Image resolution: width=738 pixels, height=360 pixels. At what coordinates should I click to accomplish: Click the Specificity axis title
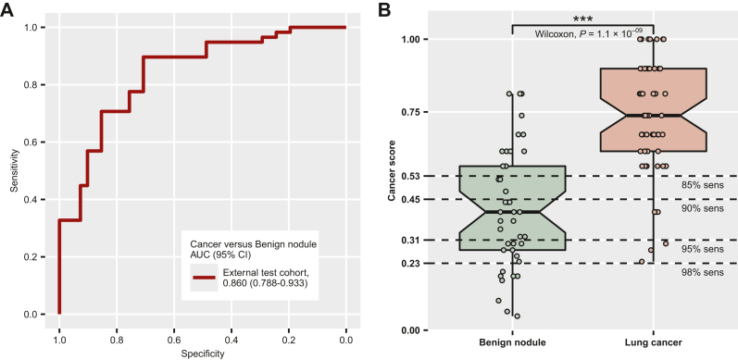[x=202, y=353]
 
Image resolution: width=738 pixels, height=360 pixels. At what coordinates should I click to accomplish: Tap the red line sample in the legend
[x=205, y=277]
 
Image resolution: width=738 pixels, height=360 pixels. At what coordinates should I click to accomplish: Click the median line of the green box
[x=512, y=213]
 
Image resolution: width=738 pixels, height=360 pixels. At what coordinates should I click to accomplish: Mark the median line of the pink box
[x=654, y=116]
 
